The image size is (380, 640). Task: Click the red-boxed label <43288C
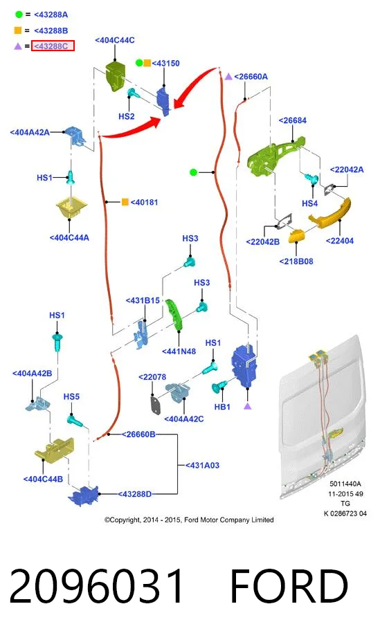coord(53,46)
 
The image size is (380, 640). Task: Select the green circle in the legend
coord(19,15)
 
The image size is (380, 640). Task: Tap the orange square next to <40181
coord(125,201)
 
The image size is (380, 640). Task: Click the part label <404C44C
coord(115,40)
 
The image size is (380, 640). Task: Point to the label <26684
coord(292,120)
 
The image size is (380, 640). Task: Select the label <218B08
coord(296,262)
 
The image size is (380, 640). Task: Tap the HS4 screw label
coord(309,203)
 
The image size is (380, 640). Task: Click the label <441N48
coord(179,351)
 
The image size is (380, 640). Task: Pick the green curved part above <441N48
coord(174,313)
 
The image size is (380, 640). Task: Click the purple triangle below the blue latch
coord(247,406)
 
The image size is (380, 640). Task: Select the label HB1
coord(222,407)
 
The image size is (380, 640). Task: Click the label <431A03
coord(202,466)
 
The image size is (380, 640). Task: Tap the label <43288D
coord(134,494)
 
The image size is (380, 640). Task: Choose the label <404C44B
coord(43,479)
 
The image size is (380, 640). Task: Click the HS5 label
coord(71,396)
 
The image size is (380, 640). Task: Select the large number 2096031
coord(97,586)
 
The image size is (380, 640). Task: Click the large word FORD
coord(289,586)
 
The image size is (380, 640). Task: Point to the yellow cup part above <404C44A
coord(71,208)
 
